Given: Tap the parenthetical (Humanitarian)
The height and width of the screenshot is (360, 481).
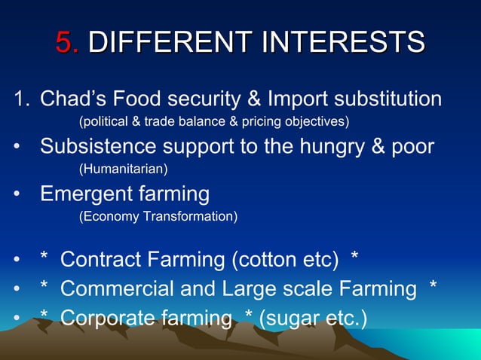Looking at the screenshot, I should pos(124,169).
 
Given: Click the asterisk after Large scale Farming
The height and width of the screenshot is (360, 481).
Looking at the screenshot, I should pos(432,287).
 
